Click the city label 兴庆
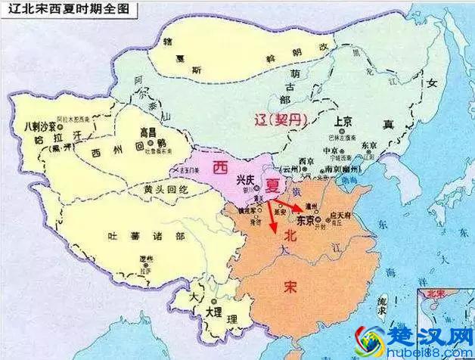pyautogui.click(x=245, y=179)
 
